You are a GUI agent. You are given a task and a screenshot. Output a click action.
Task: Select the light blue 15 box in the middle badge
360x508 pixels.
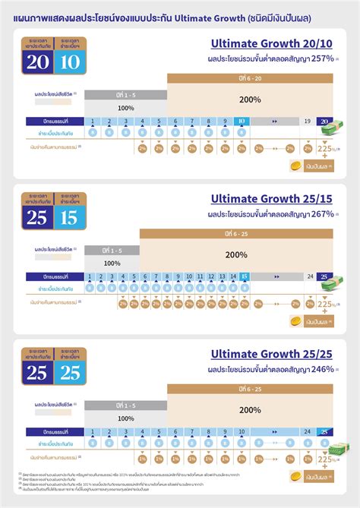coord(70,218)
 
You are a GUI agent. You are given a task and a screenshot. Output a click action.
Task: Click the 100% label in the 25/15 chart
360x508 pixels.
coord(112,263)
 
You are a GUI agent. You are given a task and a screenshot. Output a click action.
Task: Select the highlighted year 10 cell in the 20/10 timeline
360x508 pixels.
coord(240,121)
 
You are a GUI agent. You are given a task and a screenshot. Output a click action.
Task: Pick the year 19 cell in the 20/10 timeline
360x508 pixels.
coord(307,121)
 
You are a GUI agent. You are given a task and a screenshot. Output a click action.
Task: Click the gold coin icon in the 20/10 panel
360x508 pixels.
coord(296,167)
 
